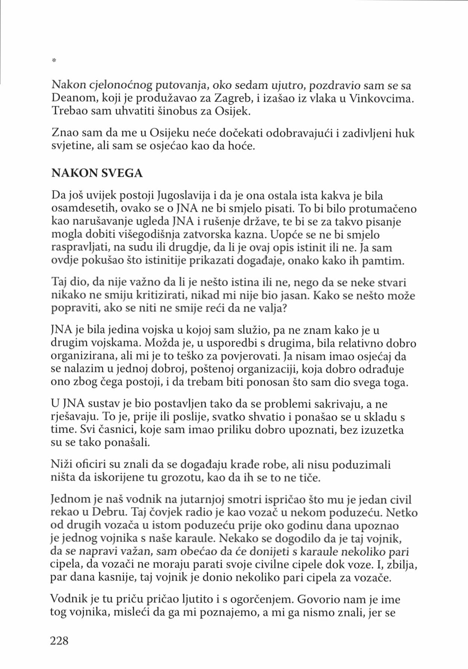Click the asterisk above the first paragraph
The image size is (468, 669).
point(54,60)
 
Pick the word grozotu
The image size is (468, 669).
point(181,478)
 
